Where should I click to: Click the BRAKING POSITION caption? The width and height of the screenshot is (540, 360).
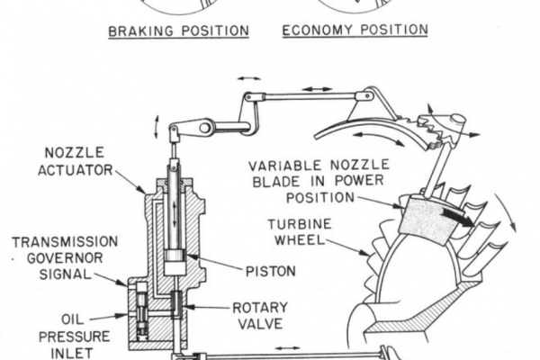click(178, 31)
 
